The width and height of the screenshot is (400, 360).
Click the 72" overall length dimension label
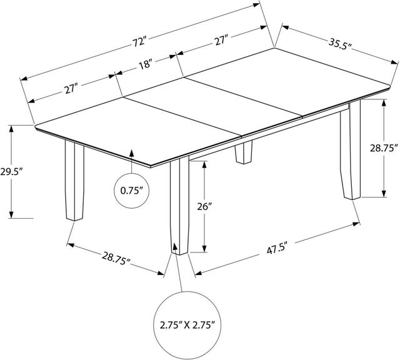click(x=139, y=42)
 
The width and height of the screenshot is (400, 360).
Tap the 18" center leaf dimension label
click(x=146, y=64)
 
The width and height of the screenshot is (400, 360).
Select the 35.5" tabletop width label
click(x=340, y=45)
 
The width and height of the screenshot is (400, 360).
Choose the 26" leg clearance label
click(x=204, y=207)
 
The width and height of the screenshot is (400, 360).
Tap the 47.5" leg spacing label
click(x=277, y=248)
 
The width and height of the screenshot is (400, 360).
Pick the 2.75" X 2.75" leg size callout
click(x=187, y=325)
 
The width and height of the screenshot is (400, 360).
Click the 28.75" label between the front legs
click(x=116, y=257)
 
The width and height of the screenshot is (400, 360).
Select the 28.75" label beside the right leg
click(x=384, y=148)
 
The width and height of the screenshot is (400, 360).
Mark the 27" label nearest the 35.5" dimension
click(x=221, y=41)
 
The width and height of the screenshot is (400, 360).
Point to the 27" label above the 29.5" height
click(x=71, y=89)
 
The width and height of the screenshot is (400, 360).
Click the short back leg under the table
click(x=244, y=152)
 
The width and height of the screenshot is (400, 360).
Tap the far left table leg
click(x=74, y=181)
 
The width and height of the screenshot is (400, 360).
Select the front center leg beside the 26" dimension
click(x=179, y=206)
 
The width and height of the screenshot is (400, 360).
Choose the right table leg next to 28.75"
click(x=351, y=150)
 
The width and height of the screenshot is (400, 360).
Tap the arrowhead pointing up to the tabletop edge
click(x=131, y=154)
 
